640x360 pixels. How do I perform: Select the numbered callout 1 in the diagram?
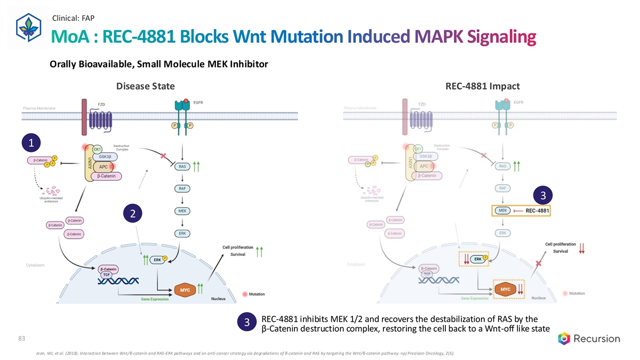pyautogui.click(x=32, y=143)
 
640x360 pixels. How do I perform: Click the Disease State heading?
pyautogui.click(x=142, y=86)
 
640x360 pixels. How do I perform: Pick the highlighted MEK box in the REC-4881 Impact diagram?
pyautogui.click(x=502, y=211)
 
